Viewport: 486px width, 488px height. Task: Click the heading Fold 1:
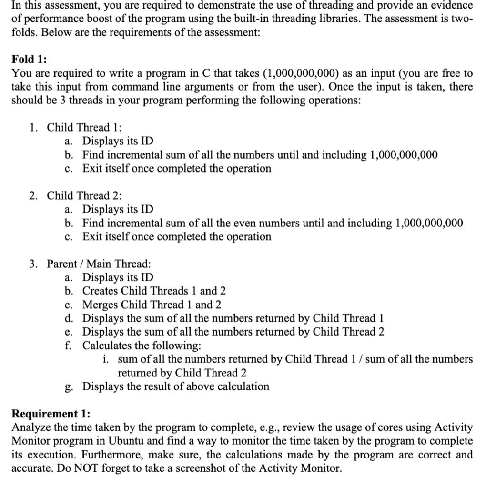point(29,60)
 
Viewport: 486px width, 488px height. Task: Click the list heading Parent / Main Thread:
point(99,264)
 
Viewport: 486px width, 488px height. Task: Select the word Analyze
point(29,427)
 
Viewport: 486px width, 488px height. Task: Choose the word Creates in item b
point(101,291)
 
